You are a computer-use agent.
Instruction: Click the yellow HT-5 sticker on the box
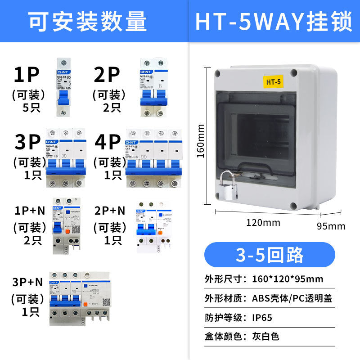point(273,82)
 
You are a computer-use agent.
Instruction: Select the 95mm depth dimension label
point(331,226)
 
